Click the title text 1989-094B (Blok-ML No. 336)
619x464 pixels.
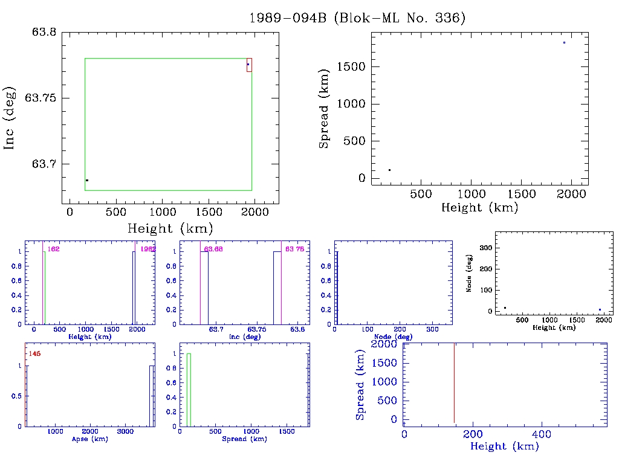point(357,18)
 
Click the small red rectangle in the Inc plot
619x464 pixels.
point(249,65)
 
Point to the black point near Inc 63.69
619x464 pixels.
point(87,180)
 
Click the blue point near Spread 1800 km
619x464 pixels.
point(564,42)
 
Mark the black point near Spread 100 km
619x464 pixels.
point(389,170)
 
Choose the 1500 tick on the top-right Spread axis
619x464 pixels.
point(352,66)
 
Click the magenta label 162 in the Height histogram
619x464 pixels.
point(53,249)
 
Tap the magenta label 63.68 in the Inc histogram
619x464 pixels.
point(214,249)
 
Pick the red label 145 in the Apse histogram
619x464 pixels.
point(34,353)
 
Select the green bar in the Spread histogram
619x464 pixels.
point(189,390)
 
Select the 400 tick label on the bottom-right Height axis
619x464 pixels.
point(541,434)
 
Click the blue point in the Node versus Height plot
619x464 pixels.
point(600,309)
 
